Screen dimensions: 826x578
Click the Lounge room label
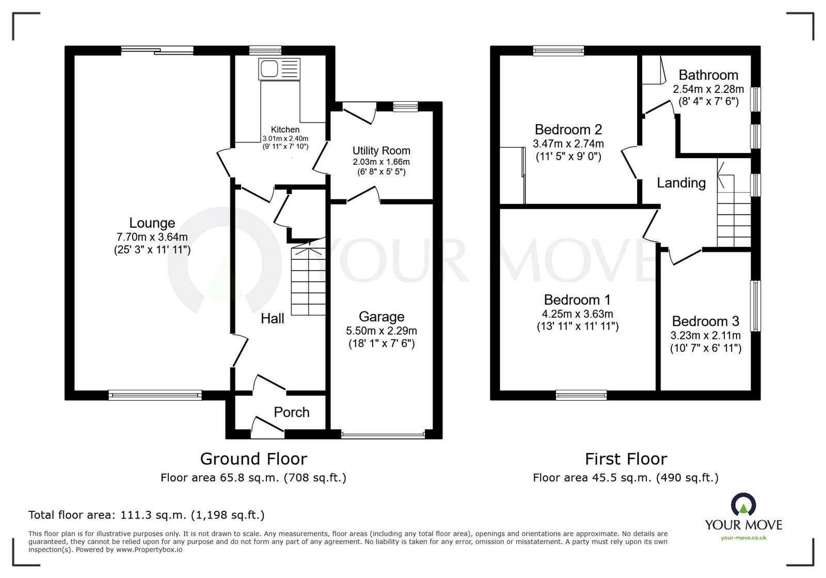(x=152, y=223)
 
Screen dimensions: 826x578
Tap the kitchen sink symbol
(x=279, y=69)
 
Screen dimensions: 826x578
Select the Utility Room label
(x=382, y=150)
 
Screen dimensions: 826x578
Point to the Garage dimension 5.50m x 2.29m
(x=382, y=331)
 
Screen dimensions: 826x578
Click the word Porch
(x=291, y=412)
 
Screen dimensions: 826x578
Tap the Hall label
(x=272, y=318)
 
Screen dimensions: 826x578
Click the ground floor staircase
(x=308, y=277)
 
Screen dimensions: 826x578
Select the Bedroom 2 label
(x=568, y=130)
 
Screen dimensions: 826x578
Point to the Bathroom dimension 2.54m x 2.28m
(x=708, y=89)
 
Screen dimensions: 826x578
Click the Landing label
(x=681, y=182)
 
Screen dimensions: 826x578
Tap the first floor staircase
(x=734, y=204)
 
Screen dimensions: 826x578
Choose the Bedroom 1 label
(x=577, y=300)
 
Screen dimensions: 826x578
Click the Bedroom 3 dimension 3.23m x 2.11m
(x=705, y=335)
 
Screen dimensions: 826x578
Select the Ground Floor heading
(x=253, y=459)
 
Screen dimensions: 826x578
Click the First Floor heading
(x=626, y=459)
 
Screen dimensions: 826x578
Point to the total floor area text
(x=147, y=514)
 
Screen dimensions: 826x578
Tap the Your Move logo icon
(x=743, y=504)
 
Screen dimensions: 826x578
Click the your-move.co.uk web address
(x=743, y=538)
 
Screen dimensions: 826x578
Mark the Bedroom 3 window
(x=756, y=306)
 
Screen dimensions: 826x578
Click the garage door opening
(x=383, y=434)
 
